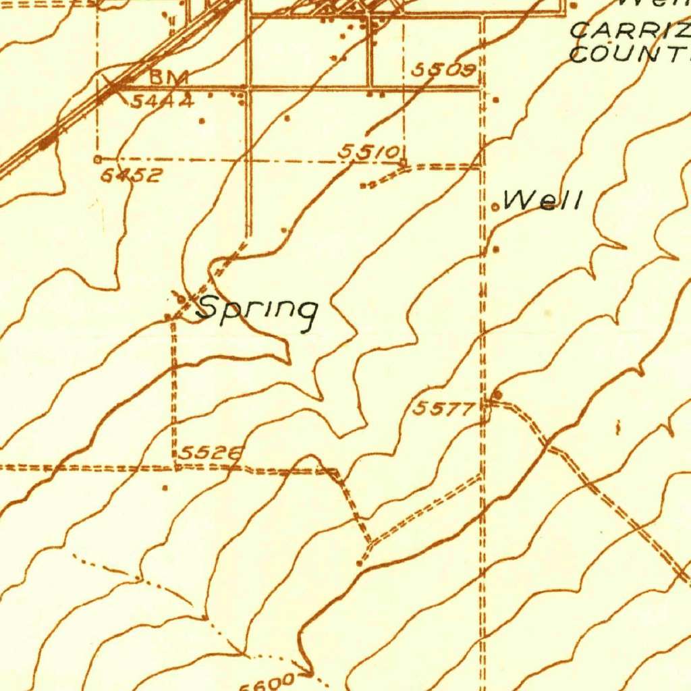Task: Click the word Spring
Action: click(257, 310)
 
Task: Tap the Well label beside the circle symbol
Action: click(543, 200)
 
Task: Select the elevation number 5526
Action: click(209, 453)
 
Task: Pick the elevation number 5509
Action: click(444, 70)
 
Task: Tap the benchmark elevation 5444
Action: click(162, 102)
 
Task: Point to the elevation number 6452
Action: click(132, 175)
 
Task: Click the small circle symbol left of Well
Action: click(495, 207)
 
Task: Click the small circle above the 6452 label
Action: click(98, 159)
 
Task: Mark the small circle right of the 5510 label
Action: click(403, 162)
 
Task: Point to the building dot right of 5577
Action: click(498, 393)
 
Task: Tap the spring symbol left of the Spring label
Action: click(182, 298)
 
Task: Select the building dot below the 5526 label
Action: click(165, 486)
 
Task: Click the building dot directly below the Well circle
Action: click(497, 250)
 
